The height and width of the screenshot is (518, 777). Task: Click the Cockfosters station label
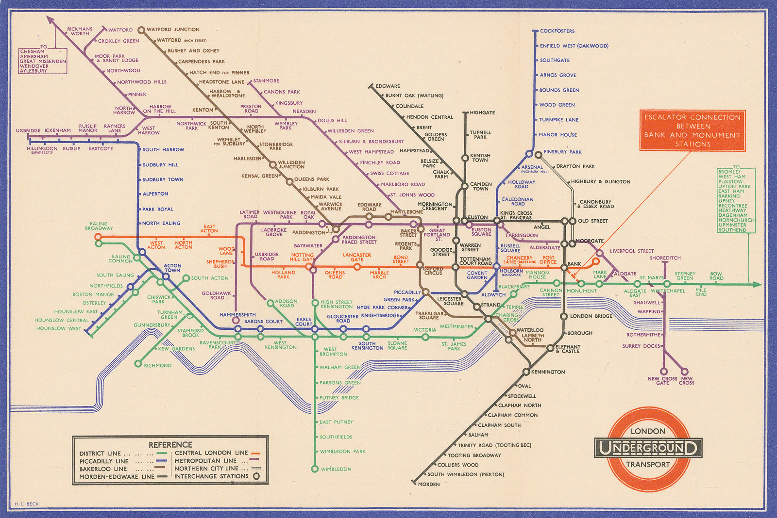pyautogui.click(x=557, y=31)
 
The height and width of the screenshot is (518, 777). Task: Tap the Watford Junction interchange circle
pyautogui.click(x=141, y=30)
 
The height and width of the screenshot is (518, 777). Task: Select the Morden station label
pyautogui.click(x=428, y=484)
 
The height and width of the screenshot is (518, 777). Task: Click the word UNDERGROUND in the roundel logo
pyautogui.click(x=647, y=448)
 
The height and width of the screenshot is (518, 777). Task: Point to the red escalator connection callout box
pyautogui.click(x=692, y=130)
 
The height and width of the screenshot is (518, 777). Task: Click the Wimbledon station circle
pyautogui.click(x=314, y=469)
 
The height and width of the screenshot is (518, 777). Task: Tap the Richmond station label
pyautogui.click(x=157, y=365)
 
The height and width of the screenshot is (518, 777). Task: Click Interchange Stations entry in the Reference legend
pyautogui.click(x=211, y=476)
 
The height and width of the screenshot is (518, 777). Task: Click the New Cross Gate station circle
pyautogui.click(x=663, y=372)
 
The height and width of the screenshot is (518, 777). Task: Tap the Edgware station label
pyautogui.click(x=388, y=86)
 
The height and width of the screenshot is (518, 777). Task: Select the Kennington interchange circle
pyautogui.click(x=526, y=372)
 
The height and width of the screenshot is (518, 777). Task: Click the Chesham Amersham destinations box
pyautogui.click(x=43, y=61)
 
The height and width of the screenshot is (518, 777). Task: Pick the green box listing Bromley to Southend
pyautogui.click(x=736, y=200)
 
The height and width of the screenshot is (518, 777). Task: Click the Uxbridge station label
pyautogui.click(x=28, y=130)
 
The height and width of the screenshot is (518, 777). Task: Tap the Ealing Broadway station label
pyautogui.click(x=99, y=226)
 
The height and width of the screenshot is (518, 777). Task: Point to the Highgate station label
pyautogui.click(x=482, y=113)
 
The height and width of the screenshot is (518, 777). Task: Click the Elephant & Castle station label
pyautogui.click(x=567, y=349)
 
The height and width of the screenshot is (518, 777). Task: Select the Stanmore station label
pyautogui.click(x=266, y=81)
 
